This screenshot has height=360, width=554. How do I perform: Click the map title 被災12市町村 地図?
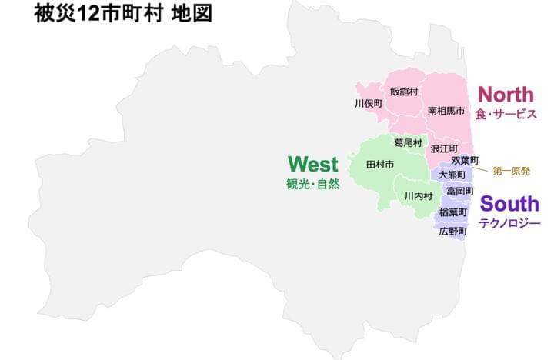[x=122, y=15]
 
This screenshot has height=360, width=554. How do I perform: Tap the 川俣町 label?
[x=369, y=103]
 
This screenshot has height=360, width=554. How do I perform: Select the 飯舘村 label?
[x=404, y=92]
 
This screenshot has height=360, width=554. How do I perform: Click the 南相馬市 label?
[x=446, y=111]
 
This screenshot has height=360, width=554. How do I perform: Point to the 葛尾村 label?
[x=408, y=143]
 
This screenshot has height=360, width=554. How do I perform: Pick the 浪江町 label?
[x=444, y=148]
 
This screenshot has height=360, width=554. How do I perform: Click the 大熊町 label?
[x=452, y=175]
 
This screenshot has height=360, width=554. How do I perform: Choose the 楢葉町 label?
[x=453, y=212]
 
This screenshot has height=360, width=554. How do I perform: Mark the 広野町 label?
[x=453, y=231]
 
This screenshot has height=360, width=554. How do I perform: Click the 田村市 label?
[x=380, y=165]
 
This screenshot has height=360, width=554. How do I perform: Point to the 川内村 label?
[x=419, y=196]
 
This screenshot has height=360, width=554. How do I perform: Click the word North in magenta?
[x=506, y=95]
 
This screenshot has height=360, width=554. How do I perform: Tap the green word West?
[x=312, y=165]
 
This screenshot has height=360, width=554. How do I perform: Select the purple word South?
[x=509, y=204]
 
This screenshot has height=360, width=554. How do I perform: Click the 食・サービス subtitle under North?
[x=506, y=114]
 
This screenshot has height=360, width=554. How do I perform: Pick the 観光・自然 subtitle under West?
[x=312, y=185]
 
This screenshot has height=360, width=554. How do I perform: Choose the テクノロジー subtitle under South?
[x=509, y=223]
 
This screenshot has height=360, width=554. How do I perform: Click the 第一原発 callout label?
[x=512, y=171]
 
